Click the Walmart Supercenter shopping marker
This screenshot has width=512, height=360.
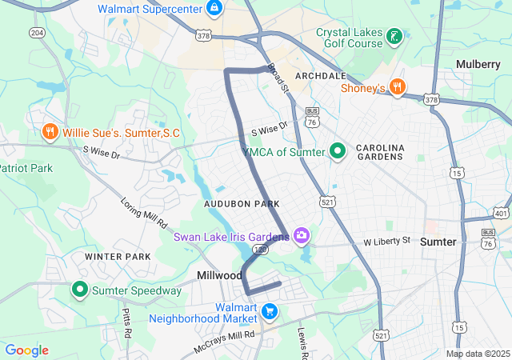click(x=214, y=9)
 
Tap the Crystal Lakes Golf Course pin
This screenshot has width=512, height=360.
click(x=394, y=35)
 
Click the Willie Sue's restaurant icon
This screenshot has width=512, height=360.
click(x=50, y=131)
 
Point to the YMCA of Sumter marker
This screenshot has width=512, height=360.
click(x=338, y=150)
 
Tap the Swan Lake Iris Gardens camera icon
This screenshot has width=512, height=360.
click(x=302, y=234)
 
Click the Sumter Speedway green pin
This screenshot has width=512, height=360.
click(x=80, y=290)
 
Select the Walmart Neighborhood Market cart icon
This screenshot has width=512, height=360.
click(x=270, y=310)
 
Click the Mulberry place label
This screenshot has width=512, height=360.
click(x=478, y=64)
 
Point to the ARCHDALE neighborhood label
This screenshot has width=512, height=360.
click(x=320, y=75)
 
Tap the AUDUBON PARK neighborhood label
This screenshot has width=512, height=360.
click(x=242, y=205)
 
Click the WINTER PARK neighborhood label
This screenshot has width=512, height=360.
click(x=118, y=257)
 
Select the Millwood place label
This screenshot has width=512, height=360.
click(x=220, y=275)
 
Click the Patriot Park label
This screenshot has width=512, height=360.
click(x=26, y=168)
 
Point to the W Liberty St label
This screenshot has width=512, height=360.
click(x=386, y=241)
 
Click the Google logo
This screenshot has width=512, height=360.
click(x=27, y=350)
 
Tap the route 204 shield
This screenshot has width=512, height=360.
click(x=36, y=32)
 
